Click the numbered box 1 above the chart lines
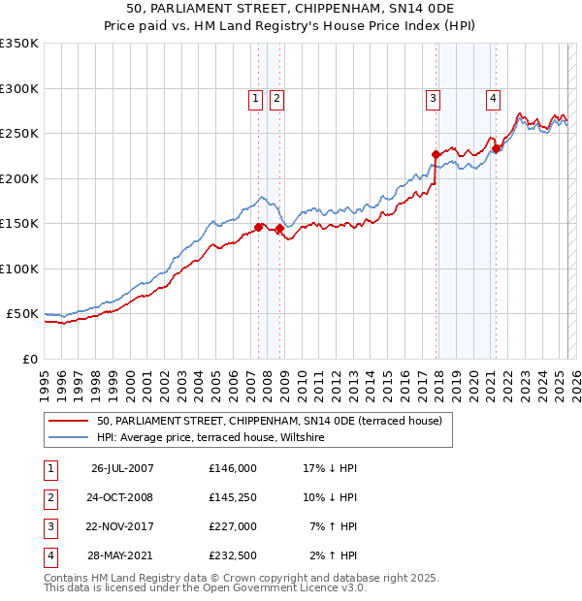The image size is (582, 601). click(x=255, y=97)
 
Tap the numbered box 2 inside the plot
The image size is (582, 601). click(x=276, y=97)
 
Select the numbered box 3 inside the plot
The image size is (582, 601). click(x=433, y=97)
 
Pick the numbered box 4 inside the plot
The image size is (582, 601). click(x=493, y=97)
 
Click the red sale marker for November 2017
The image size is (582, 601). click(x=436, y=154)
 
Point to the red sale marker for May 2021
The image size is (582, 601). click(x=496, y=148)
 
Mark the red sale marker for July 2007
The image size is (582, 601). click(x=259, y=227)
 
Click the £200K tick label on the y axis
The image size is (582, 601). click(x=18, y=178)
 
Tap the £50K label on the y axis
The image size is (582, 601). click(x=22, y=314)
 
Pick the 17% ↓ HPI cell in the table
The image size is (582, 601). click(x=330, y=468)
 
